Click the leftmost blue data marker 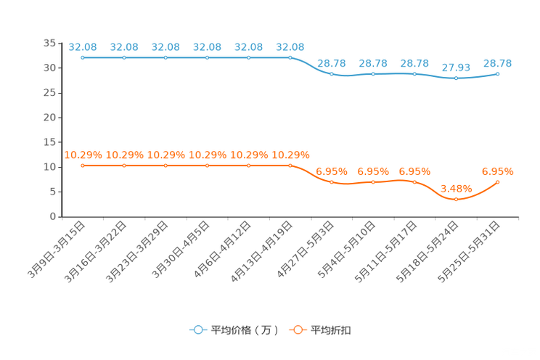(x=83, y=57)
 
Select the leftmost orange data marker (x=83, y=165)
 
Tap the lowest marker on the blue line (x=456, y=77)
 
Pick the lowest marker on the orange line (x=456, y=199)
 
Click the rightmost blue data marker (x=498, y=73)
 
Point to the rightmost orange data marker (x=498, y=182)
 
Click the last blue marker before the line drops (x=290, y=57)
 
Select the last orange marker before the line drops (x=290, y=165)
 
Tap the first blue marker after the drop (x=332, y=73)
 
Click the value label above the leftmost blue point (x=83, y=47)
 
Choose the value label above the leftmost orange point (x=83, y=155)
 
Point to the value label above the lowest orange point (x=456, y=189)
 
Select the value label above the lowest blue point (x=456, y=67)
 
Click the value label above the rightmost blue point (x=498, y=63)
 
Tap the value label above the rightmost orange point (x=498, y=171)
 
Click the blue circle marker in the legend (x=197, y=330)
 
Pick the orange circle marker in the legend (x=297, y=330)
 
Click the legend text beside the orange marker (x=332, y=330)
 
